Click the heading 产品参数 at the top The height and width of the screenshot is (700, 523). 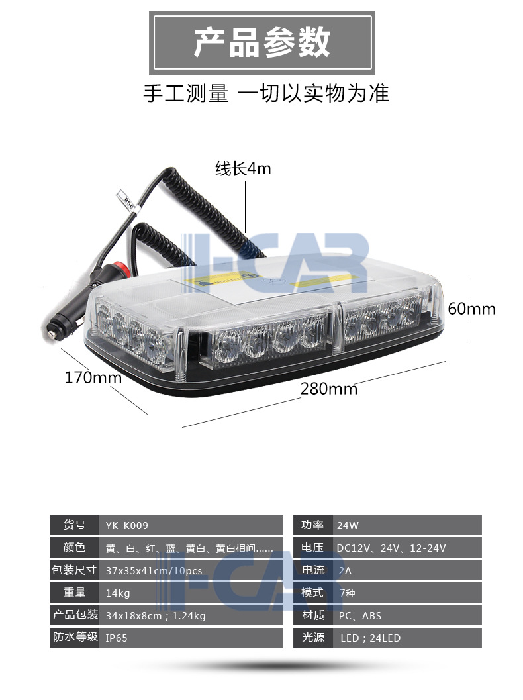[262, 43]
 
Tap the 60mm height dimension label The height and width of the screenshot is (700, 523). [471, 309]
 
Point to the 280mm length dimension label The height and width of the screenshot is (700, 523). [329, 389]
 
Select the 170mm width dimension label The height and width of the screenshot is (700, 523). [93, 377]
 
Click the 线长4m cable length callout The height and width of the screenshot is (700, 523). [243, 169]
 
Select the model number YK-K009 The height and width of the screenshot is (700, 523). [126, 525]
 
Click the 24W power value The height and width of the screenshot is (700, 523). [348, 525]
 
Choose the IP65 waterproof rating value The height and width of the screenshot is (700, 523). [117, 638]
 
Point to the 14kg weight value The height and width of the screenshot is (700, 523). [118, 593]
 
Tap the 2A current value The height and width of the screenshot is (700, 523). [345, 571]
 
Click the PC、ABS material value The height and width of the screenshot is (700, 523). [359, 616]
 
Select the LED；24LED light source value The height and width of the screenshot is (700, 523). [370, 638]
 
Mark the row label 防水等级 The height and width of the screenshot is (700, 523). [75, 637]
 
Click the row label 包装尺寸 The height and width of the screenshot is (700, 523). [74, 570]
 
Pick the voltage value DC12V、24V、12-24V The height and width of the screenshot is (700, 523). [391, 548]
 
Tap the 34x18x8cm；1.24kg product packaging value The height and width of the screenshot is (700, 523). [156, 616]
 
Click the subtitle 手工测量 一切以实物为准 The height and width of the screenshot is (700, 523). [266, 93]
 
